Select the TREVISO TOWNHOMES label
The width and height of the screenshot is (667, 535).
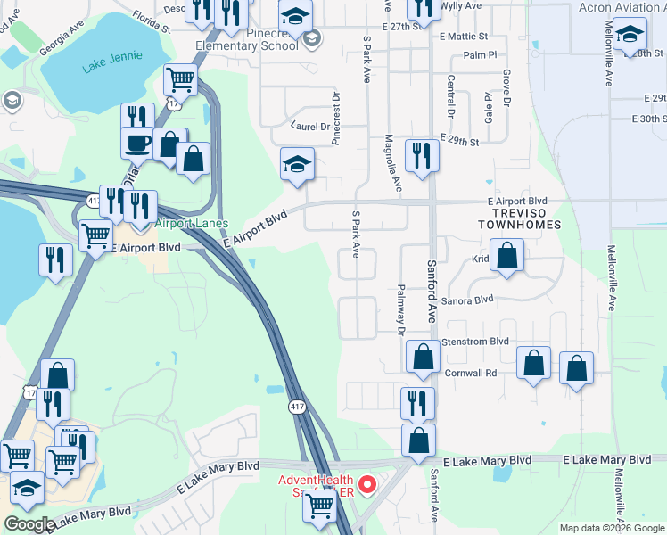click(524, 218)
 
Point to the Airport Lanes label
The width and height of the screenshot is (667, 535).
click(192, 224)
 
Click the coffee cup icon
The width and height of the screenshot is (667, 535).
click(137, 143)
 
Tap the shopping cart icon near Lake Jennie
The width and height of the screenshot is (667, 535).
click(181, 80)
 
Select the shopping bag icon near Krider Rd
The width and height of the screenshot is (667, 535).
click(506, 256)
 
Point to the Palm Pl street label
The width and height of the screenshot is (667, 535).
click(479, 55)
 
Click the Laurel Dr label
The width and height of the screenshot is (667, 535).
click(312, 127)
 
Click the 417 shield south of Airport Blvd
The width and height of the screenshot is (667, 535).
click(297, 407)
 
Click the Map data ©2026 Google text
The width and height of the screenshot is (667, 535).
click(611, 528)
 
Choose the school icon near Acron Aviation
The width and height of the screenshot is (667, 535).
click(630, 35)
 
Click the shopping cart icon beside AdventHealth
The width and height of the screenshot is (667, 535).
click(318, 506)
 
